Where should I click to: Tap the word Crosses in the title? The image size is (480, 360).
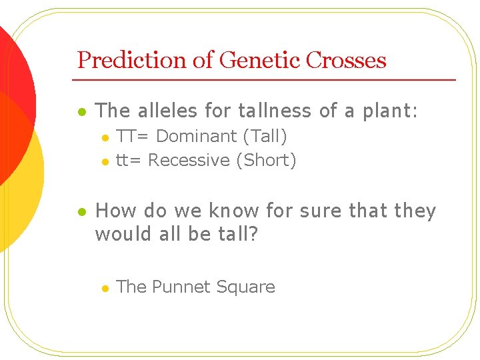pos(346,60)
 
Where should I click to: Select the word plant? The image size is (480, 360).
pos(389,111)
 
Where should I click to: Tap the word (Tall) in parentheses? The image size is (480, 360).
pos(265,137)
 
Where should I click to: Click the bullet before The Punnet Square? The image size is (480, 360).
pos(105,288)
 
